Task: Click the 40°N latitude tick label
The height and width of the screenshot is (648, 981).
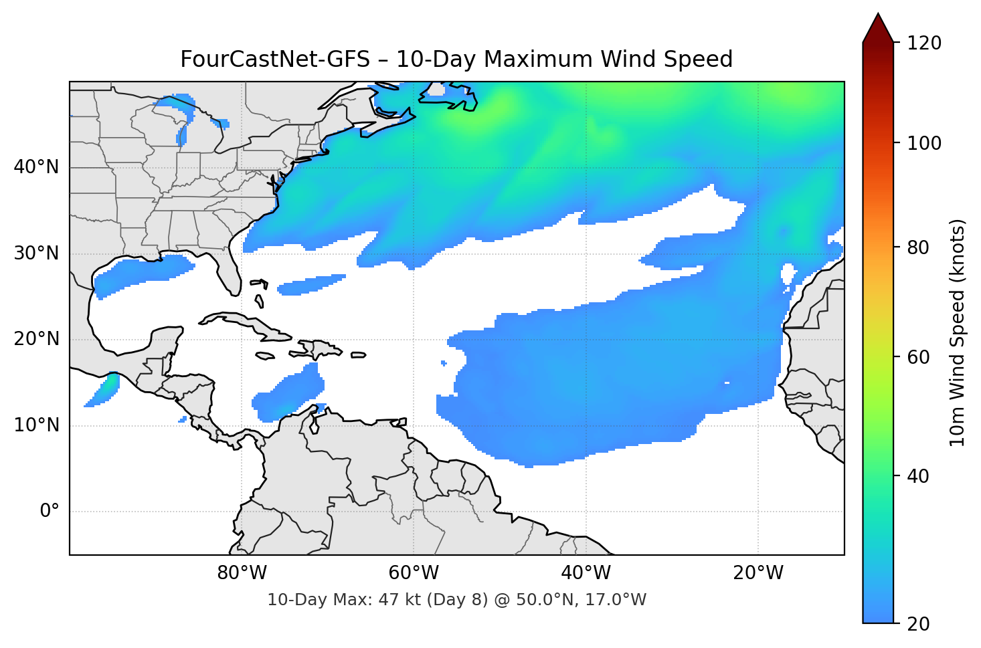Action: tap(36, 167)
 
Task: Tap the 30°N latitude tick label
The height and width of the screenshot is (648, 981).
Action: tap(36, 253)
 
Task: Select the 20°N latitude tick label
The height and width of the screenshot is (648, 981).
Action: tap(36, 339)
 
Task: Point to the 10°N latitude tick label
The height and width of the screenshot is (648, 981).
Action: tap(36, 425)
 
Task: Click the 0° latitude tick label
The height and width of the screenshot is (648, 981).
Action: tap(50, 512)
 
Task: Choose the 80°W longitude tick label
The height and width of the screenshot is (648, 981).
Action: tap(242, 573)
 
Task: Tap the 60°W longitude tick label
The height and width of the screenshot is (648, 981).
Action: tap(414, 573)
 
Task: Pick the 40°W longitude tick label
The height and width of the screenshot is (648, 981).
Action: tap(586, 573)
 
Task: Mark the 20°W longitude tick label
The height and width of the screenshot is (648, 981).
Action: tap(757, 573)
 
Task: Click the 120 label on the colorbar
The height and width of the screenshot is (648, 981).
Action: tap(924, 43)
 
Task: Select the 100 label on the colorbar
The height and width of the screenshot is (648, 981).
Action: tap(924, 143)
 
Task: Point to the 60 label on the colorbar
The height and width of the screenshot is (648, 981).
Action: tap(918, 357)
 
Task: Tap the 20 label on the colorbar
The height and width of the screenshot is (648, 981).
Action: tap(918, 624)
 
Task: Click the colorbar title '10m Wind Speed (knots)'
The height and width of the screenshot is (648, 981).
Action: tap(958, 332)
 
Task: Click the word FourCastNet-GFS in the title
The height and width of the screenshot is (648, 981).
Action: tap(274, 60)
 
